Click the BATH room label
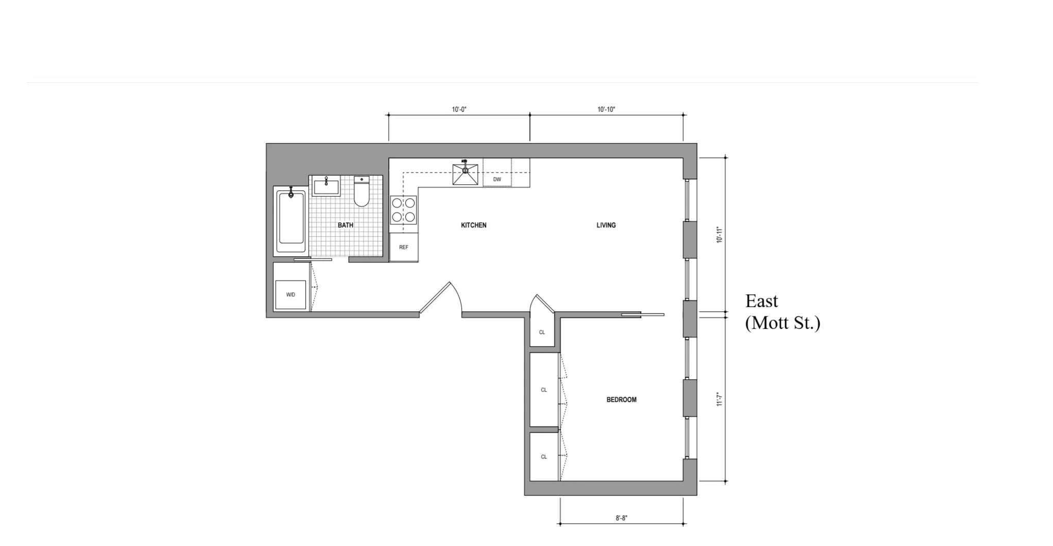tap(346, 225)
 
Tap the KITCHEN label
tap(473, 225)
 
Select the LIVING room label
tap(606, 225)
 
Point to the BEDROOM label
tap(621, 399)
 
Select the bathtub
tap(290, 220)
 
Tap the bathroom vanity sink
tap(326, 186)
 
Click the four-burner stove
tap(403, 210)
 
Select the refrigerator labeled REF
tap(404, 248)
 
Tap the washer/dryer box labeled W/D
tap(290, 294)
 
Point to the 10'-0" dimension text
tap(459, 109)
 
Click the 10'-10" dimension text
tap(606, 109)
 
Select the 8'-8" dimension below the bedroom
tap(622, 518)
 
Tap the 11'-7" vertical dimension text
tap(719, 399)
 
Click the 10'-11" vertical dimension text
tap(719, 235)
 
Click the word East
tap(762, 301)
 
